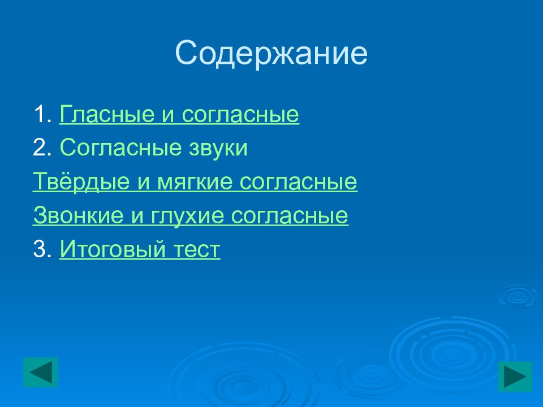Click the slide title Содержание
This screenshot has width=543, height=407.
(x=271, y=54)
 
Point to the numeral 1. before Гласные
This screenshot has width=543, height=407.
(x=42, y=114)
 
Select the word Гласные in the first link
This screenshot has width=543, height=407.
(x=107, y=114)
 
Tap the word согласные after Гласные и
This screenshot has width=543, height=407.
(x=240, y=115)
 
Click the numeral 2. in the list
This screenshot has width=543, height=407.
(x=42, y=148)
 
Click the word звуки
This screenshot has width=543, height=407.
(x=218, y=149)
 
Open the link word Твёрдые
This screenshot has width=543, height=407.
(x=81, y=181)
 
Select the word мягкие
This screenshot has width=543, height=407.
(x=195, y=182)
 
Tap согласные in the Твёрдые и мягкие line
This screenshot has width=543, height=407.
(x=298, y=182)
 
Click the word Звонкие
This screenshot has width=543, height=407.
(x=78, y=215)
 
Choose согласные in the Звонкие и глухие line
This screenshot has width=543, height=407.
(x=290, y=216)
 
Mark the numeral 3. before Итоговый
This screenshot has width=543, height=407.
(x=42, y=249)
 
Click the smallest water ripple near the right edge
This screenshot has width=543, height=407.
(x=518, y=296)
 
